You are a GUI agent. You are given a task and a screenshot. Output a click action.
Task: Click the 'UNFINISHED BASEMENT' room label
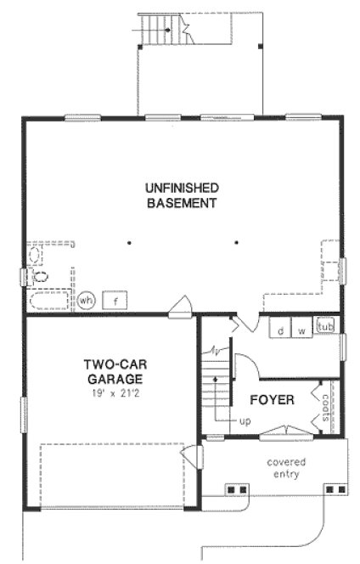pos(182,195)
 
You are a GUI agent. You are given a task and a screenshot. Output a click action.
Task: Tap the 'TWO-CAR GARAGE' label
pos(113,373)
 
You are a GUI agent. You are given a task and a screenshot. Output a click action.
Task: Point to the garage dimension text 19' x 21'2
pos(114,394)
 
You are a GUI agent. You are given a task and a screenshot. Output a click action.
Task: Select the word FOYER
pos(272,399)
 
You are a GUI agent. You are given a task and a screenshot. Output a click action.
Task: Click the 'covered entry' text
pos(286,467)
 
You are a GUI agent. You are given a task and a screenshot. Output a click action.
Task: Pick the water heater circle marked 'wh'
pos(87,300)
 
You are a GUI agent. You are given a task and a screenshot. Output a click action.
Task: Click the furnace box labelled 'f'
pos(115,300)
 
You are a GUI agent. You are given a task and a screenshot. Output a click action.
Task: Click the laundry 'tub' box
pos(324,326)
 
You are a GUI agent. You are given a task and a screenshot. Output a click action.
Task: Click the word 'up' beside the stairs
pos(245,420)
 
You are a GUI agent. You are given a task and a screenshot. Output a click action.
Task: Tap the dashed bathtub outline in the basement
pos(50,299)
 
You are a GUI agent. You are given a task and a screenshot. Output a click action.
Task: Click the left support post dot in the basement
pos(129,242)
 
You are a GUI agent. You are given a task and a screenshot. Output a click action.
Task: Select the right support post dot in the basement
pos(235,242)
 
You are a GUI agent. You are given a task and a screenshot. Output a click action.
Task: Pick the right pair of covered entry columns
pos(336,490)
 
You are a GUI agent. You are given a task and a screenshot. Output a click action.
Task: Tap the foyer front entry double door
pos(279,437)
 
